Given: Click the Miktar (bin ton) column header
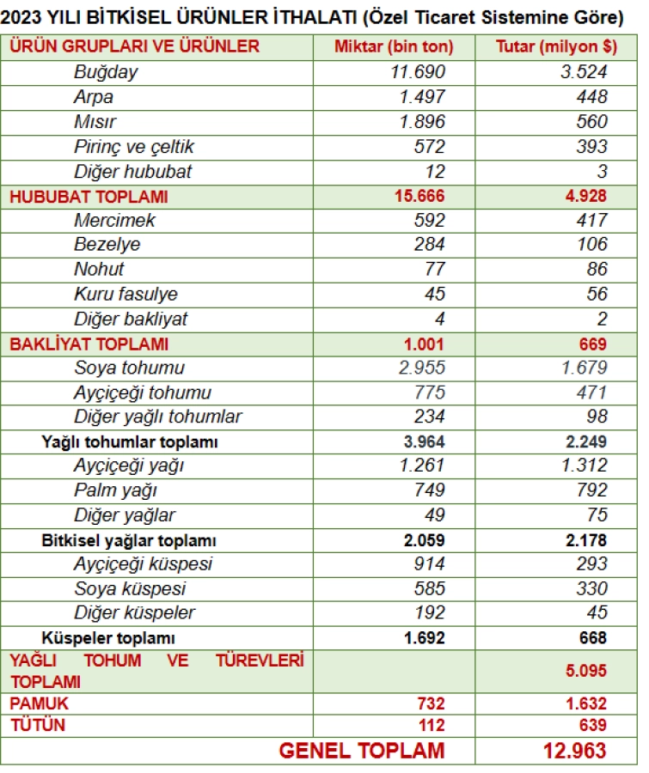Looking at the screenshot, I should (393, 46).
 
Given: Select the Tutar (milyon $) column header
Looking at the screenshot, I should (552, 46).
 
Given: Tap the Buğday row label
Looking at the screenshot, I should (106, 72).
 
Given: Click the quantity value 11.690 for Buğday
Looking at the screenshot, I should (419, 72).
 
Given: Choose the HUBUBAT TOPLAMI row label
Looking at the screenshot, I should (89, 197).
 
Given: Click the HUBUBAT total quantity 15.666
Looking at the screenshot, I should (419, 197).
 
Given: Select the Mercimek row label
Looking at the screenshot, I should (114, 221).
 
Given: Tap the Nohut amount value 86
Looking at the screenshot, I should (597, 270).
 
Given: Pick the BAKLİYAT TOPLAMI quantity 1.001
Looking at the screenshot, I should (425, 344).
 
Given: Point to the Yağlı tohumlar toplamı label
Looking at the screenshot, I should (129, 442).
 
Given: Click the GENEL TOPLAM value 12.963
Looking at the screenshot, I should (574, 751).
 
